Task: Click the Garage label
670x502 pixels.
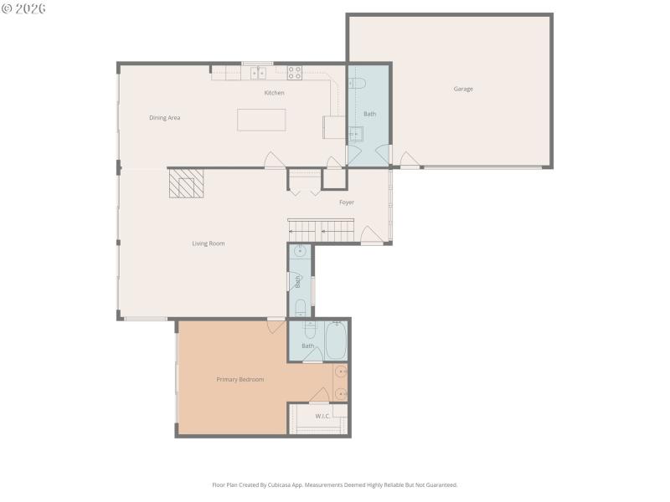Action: point(463,89)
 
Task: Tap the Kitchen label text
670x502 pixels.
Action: point(274,93)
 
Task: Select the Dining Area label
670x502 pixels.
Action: point(164,118)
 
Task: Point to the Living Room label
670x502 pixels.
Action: point(209,243)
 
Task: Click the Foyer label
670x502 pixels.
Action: point(346,202)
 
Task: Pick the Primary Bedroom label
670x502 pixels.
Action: point(240,380)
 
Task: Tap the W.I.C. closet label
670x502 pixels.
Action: point(323,416)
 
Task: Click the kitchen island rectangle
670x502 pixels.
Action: point(261,120)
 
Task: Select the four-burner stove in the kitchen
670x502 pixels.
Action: point(295,73)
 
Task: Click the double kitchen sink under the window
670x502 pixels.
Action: point(258,73)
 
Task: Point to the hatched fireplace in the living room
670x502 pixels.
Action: point(186,183)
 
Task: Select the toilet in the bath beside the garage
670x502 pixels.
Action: point(355,83)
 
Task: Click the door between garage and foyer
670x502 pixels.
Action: point(409,160)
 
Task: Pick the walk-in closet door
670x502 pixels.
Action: point(319,396)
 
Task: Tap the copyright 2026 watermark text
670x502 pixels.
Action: point(23,8)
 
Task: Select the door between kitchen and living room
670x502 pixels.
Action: point(275,161)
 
